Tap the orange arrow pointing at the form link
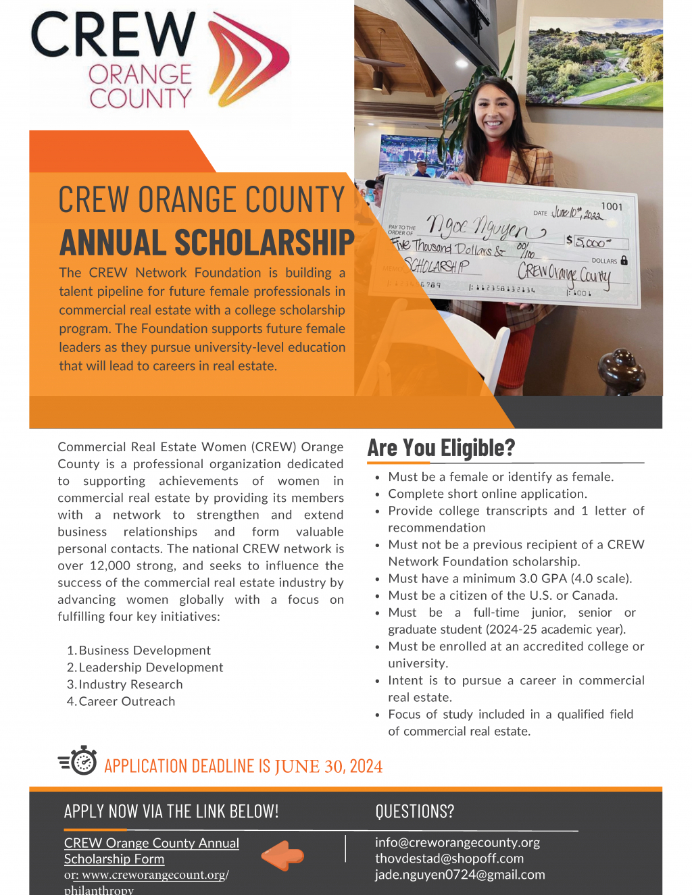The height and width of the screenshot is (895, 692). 283,856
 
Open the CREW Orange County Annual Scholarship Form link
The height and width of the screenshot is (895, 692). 151,850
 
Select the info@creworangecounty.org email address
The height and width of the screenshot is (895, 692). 458,842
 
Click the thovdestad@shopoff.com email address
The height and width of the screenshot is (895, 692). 449,859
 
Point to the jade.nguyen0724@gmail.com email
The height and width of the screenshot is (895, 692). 460,875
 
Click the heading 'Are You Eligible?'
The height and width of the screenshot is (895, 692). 441,448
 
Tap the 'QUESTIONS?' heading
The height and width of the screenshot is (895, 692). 415,811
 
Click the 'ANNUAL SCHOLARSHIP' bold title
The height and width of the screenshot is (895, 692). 207,243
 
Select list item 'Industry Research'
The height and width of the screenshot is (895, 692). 130,684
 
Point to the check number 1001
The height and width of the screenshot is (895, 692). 612,207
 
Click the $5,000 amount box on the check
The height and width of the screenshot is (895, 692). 596,242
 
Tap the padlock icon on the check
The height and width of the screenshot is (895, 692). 624,260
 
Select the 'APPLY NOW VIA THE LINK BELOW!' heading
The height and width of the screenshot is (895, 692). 171,811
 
